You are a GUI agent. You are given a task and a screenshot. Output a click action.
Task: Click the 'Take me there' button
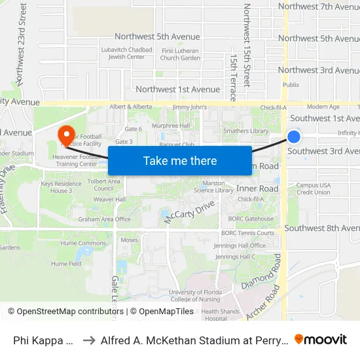[x=180, y=161]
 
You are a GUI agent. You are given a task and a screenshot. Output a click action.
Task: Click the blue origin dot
[x=294, y=137]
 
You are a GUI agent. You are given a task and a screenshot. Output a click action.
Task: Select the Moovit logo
[x=321, y=339]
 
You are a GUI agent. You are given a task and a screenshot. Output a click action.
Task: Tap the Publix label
[x=291, y=84]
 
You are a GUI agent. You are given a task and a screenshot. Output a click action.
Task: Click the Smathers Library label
[x=245, y=131]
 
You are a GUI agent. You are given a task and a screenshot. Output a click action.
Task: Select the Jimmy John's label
[x=189, y=107]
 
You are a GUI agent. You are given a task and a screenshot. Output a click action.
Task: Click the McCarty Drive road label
[x=189, y=212]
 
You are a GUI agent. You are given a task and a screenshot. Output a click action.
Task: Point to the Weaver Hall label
[x=109, y=199]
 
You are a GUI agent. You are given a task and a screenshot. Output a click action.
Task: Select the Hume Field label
[x=66, y=264]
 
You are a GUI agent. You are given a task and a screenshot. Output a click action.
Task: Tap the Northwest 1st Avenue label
[x=177, y=89]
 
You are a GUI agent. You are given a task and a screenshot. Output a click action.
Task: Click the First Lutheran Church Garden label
[x=180, y=54]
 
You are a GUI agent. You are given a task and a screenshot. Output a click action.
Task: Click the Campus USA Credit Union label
[x=314, y=189]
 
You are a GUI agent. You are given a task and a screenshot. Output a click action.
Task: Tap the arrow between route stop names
[x=89, y=340]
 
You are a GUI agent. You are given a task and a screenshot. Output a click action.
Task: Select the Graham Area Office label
[x=105, y=219]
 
